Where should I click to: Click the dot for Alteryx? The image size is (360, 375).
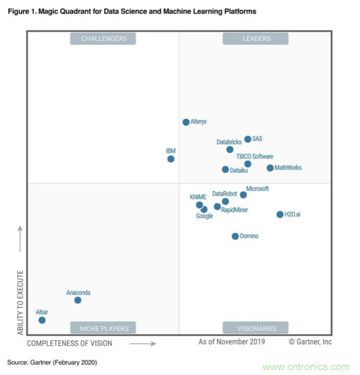tap(186, 122)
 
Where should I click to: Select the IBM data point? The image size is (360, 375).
tap(170, 159)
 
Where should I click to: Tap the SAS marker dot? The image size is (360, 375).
tap(247, 139)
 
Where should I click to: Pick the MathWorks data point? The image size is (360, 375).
tap(270, 168)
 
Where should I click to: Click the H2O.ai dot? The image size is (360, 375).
tap(280, 215)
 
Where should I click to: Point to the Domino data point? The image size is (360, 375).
tap(235, 236)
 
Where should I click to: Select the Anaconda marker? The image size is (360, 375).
tap(78, 300)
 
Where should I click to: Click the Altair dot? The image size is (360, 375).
tap(42, 320)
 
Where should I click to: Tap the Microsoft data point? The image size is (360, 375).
tap(243, 195)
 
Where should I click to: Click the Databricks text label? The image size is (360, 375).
tap(229, 142)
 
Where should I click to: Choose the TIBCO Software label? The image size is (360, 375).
tap(255, 156)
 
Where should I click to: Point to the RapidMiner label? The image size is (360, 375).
tap(235, 210)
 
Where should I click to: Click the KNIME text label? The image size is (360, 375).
tap(198, 197)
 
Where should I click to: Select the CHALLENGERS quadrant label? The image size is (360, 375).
tap(104, 39)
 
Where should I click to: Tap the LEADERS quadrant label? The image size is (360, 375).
tap(256, 39)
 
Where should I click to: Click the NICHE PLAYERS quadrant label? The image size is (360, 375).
tap(104, 328)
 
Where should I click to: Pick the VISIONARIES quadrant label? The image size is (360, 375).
tap(256, 328)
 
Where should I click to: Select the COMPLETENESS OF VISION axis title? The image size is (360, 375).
tap(69, 343)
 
